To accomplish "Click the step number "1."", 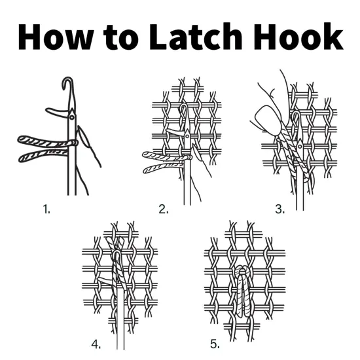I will point(46,209).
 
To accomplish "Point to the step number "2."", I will point(163,209).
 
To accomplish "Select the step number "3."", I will point(280,209).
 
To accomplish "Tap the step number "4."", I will point(96,343).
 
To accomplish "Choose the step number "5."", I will point(215,343).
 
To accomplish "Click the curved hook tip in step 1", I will point(66,83).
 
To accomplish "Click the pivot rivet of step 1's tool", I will point(71,117).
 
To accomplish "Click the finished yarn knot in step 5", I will point(242,291).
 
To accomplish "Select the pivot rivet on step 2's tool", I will point(187,136).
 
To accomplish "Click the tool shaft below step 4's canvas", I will point(120,337).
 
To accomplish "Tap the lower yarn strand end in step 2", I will point(148,170).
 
